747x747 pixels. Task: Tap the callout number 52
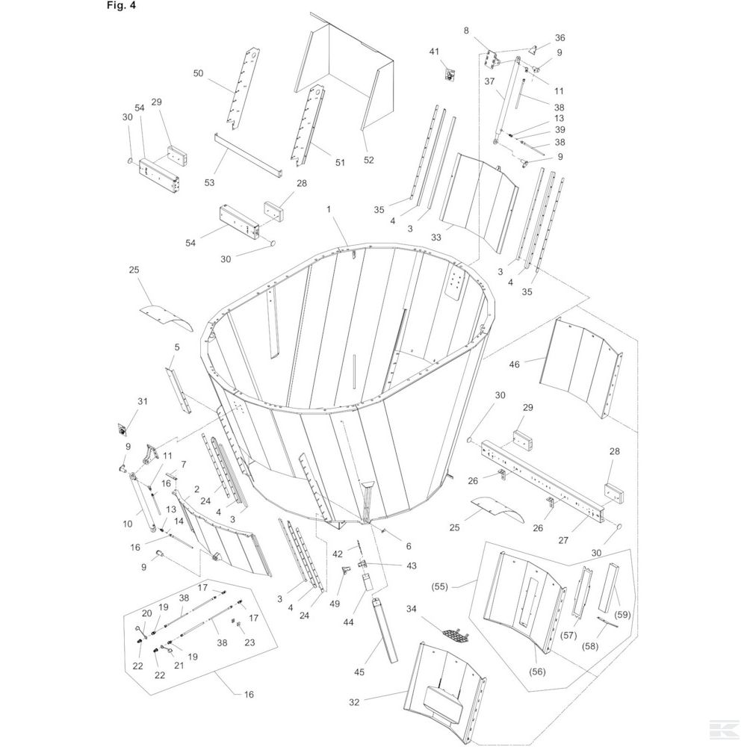(368, 160)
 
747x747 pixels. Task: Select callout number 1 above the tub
(328, 211)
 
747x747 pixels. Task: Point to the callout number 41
(434, 51)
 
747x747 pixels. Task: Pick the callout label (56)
(538, 671)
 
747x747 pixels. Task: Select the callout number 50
(198, 73)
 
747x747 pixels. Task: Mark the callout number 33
(436, 237)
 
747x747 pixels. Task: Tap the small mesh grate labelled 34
(455, 636)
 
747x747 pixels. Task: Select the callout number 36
(560, 37)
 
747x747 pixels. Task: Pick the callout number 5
(177, 347)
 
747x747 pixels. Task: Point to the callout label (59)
(623, 614)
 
